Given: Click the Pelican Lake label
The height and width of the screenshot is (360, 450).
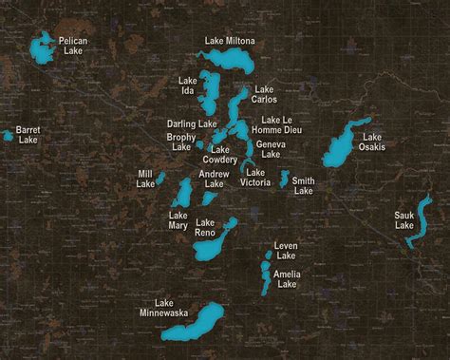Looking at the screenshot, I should tap(73, 46).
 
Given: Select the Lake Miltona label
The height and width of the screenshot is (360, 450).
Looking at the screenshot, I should tap(230, 41).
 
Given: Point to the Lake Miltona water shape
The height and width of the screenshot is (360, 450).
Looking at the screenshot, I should tap(228, 59).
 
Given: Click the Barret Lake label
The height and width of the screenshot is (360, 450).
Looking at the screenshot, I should tap(28, 134).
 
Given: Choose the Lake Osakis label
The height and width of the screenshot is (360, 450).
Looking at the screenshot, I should tap(372, 142).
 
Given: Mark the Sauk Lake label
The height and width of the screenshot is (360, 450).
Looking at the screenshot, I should tap(404, 220).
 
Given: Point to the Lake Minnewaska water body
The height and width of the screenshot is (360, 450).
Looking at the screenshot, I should tap(194, 323).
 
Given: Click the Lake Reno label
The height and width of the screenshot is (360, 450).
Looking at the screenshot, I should tap(204, 228).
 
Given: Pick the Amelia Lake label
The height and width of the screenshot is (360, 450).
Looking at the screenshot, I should tap(287, 279).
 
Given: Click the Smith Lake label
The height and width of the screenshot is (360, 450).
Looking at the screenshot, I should tap(304, 185).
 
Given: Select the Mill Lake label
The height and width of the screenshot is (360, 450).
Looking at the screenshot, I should tap(145, 179).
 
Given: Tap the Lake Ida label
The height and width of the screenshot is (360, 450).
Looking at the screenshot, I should tap(187, 86).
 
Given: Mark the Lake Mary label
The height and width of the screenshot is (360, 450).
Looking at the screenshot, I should tap(178, 220).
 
